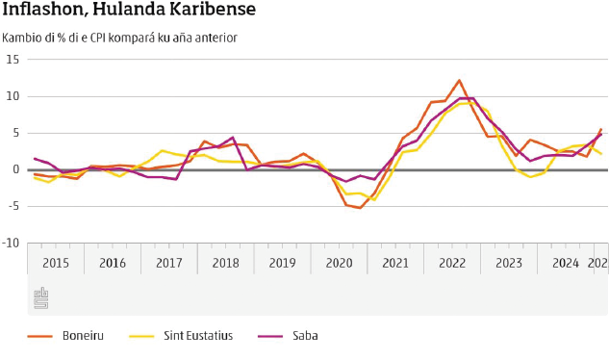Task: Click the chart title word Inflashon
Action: [44, 9]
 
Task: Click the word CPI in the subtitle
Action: [97, 39]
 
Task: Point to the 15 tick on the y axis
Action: [13, 60]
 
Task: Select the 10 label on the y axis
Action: [13, 96]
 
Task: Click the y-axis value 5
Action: [15, 134]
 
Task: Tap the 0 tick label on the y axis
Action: [16, 169]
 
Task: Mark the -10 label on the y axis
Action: [11, 244]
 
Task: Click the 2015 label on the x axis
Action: [56, 263]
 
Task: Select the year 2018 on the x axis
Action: [226, 263]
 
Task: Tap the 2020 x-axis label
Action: [339, 263]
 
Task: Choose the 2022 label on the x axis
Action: [452, 263]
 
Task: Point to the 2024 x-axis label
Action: [566, 263]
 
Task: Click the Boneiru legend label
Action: [83, 336]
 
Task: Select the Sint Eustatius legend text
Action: [198, 336]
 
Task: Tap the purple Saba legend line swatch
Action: [270, 336]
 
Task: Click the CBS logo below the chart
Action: [41, 298]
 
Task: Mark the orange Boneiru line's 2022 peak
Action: [459, 81]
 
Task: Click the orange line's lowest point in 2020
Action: [360, 208]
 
